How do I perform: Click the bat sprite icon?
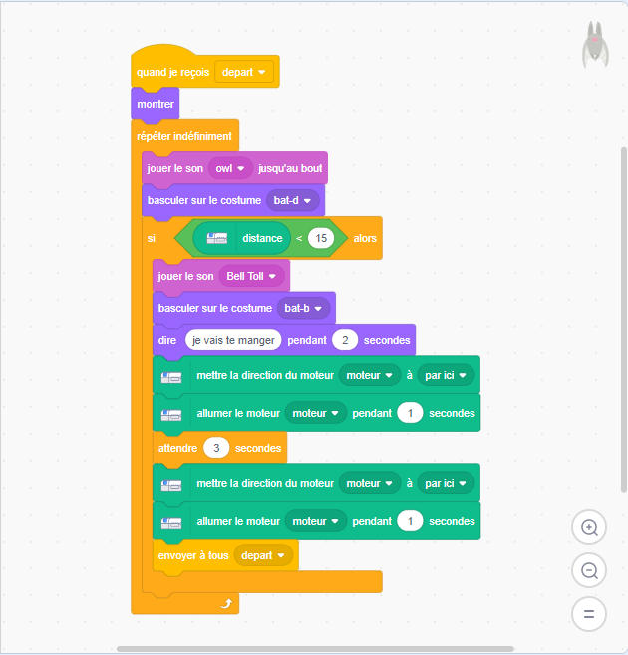[x=595, y=44]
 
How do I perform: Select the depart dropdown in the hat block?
[x=244, y=72]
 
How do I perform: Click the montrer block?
[x=156, y=104]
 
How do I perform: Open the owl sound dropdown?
[x=230, y=168]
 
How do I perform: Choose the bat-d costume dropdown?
[x=292, y=200]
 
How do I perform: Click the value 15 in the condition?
[x=321, y=238]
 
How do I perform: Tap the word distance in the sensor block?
[x=262, y=238]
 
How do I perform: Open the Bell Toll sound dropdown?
[x=251, y=276]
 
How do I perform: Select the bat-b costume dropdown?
[x=303, y=308]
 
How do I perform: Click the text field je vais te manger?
[x=233, y=340]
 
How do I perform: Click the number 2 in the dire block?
[x=345, y=340]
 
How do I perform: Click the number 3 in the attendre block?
[x=216, y=448]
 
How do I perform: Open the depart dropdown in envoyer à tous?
[x=263, y=555]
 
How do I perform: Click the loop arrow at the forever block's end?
[x=226, y=603]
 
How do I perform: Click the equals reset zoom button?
[x=589, y=614]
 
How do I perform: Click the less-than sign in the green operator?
[x=299, y=238]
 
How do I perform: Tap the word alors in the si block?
[x=365, y=238]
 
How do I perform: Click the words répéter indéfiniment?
[x=184, y=136]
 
